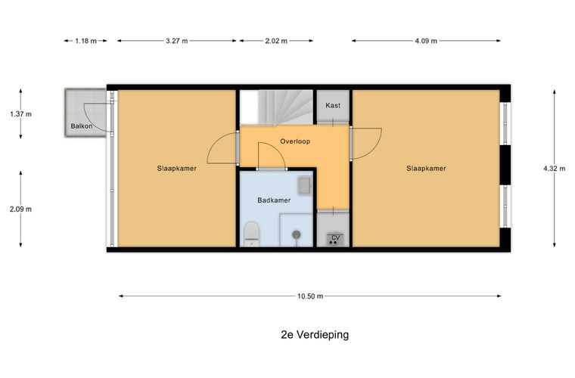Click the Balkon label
click(x=82, y=126)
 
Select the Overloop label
click(x=295, y=141)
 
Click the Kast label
click(x=333, y=106)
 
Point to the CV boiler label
click(x=336, y=237)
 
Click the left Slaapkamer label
click(x=177, y=169)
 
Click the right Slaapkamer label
click(x=426, y=169)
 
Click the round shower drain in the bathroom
click(x=297, y=235)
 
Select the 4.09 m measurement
click(x=425, y=41)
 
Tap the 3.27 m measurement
click(x=177, y=41)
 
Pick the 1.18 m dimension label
click(x=85, y=41)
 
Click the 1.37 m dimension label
click(x=20, y=114)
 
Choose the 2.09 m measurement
click(x=20, y=209)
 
